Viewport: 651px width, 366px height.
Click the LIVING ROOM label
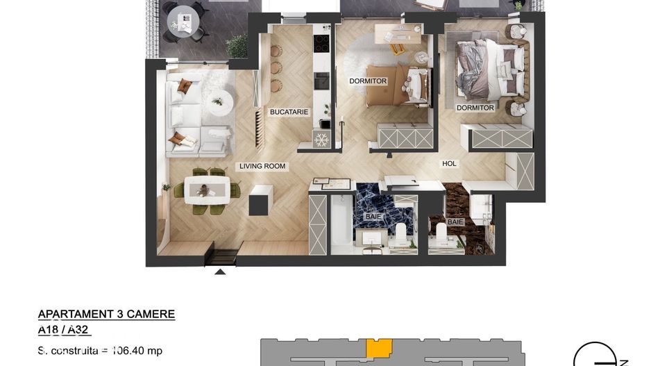tap(262, 167)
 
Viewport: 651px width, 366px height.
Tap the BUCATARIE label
tap(289, 112)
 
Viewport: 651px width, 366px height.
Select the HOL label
tap(450, 164)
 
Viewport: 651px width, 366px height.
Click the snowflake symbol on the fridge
tap(321, 140)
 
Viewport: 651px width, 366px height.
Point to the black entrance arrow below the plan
tap(220, 271)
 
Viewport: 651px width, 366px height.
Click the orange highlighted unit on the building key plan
tap(378, 347)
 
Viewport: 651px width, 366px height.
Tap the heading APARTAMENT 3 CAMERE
tap(106, 315)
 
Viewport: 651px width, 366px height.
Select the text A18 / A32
tap(64, 331)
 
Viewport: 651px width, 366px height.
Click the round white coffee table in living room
tap(221, 101)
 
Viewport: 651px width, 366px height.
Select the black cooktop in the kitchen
tap(322, 43)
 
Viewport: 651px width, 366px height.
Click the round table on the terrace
tap(183, 19)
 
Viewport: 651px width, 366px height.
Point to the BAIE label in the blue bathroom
tap(373, 217)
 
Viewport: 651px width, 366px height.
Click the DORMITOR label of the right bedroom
tap(475, 108)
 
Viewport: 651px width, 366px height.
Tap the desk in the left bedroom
tap(398, 33)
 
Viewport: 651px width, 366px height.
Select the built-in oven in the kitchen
tap(321, 80)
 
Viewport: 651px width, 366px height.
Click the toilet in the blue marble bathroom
tap(400, 231)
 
